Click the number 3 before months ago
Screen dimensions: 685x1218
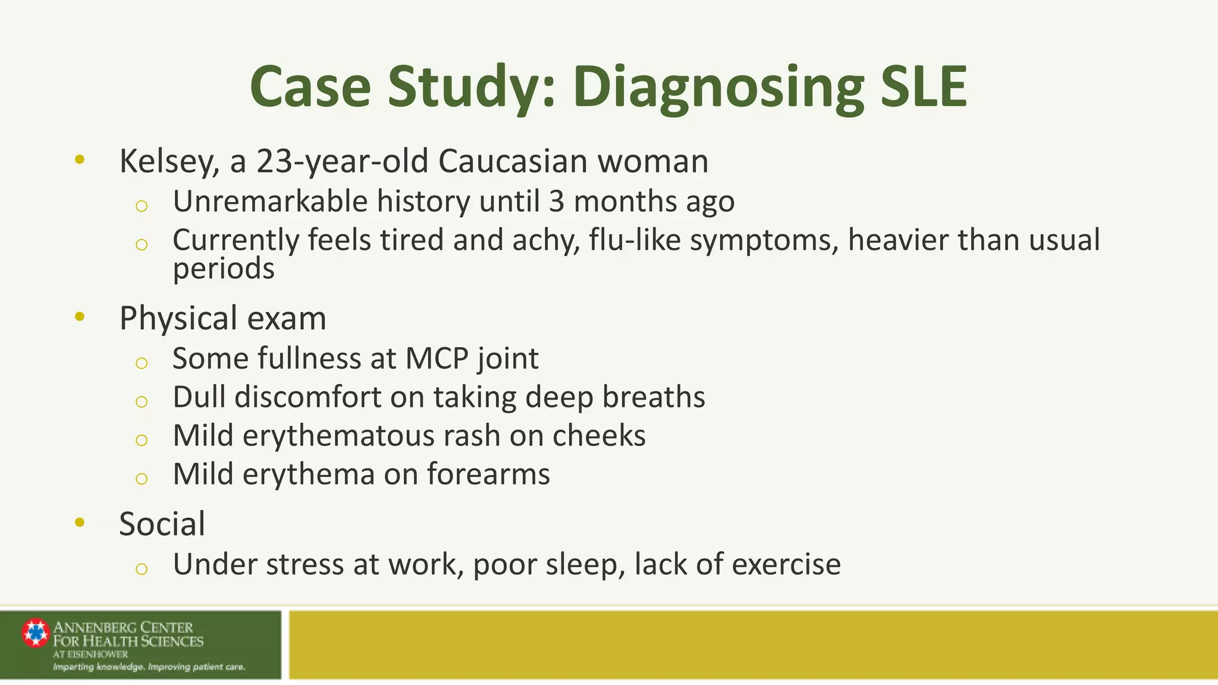[556, 201]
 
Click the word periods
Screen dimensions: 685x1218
[224, 269]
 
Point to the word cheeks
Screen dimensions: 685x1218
[598, 436]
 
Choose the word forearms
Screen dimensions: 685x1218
[488, 475]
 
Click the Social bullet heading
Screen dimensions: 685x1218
[162, 524]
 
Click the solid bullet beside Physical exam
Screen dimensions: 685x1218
[80, 316]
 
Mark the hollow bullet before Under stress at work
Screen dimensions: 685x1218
[141, 569]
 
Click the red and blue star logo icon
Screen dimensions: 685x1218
[36, 633]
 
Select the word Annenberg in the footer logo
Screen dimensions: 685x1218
[95, 627]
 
